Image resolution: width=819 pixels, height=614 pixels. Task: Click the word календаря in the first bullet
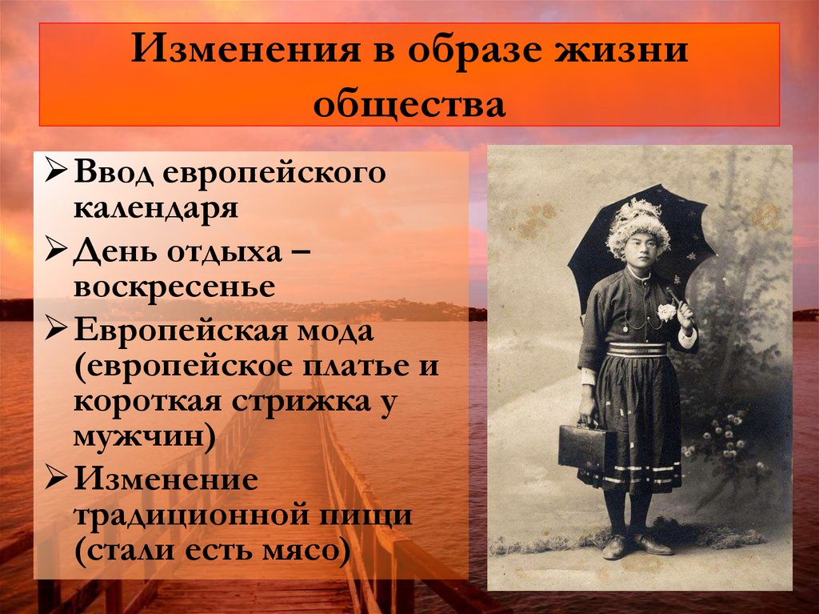[x=156, y=207]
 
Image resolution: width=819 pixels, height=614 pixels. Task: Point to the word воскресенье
[x=175, y=286]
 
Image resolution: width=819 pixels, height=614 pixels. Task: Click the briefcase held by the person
[x=581, y=446]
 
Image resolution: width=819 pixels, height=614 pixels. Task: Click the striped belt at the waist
[x=636, y=350]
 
